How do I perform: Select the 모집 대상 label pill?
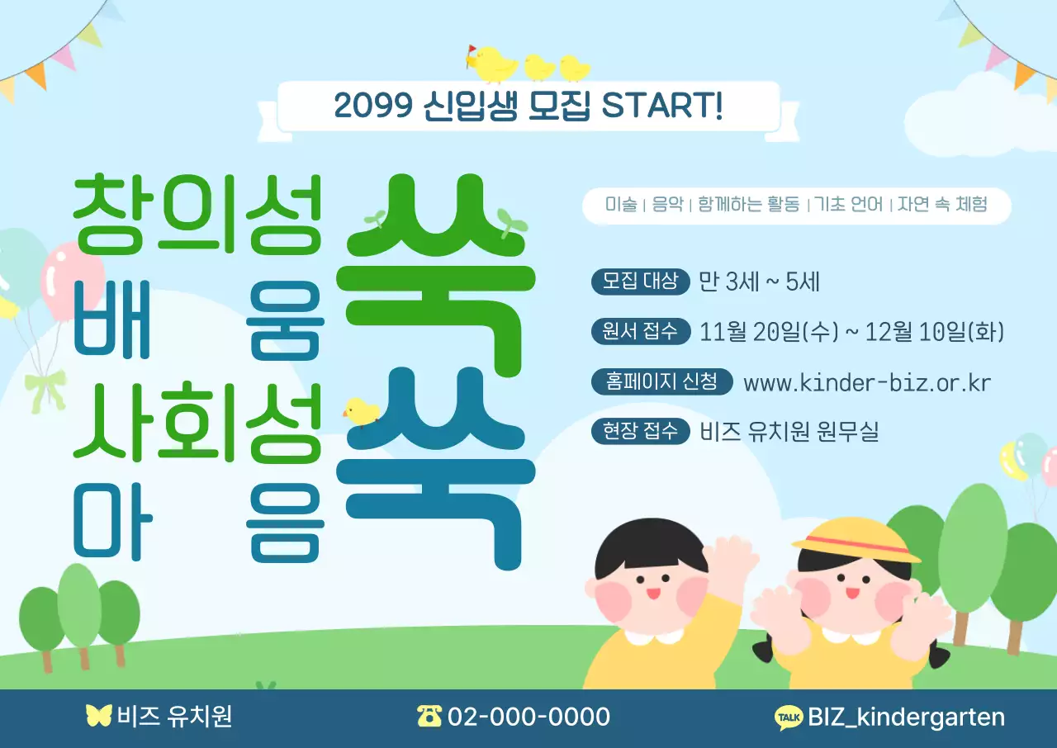tap(641, 282)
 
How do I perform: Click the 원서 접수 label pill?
tap(641, 331)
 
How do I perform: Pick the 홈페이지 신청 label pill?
tap(662, 381)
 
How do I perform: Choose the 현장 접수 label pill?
tap(641, 430)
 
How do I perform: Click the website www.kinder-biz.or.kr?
tap(866, 383)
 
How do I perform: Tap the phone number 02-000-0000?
tap(528, 717)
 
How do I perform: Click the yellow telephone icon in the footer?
tap(429, 716)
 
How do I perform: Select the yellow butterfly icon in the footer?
tap(98, 716)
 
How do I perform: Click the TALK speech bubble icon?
tap(789, 717)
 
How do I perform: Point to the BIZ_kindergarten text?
tap(906, 717)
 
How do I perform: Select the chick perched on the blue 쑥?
tap(362, 411)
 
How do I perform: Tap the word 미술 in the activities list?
tap(621, 205)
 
